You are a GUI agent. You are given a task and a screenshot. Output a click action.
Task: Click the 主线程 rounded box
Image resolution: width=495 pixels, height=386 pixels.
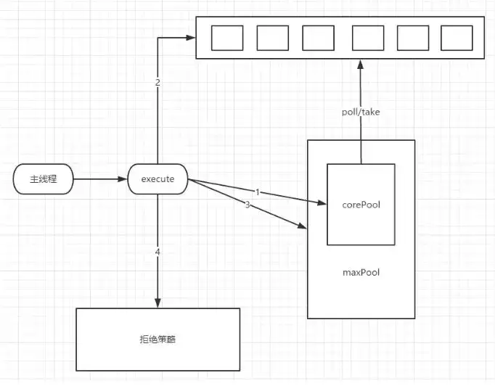click(44, 179)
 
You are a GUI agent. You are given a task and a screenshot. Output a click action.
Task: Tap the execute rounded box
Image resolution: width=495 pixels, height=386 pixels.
click(157, 179)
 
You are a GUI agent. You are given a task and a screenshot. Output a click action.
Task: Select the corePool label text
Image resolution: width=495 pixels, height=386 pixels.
click(361, 205)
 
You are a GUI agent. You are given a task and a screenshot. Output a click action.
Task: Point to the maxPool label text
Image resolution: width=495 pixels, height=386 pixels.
click(361, 272)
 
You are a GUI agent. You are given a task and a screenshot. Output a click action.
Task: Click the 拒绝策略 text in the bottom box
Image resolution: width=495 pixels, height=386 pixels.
click(157, 340)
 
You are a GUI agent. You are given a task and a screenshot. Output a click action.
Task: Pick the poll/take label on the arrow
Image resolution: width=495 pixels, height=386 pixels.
click(361, 112)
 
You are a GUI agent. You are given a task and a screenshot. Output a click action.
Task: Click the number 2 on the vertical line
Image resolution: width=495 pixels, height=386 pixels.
click(157, 83)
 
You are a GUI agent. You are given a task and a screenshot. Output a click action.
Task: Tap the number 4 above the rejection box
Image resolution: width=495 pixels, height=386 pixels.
click(157, 252)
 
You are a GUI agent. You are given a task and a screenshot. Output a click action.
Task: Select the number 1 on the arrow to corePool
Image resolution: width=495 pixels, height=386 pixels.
click(258, 192)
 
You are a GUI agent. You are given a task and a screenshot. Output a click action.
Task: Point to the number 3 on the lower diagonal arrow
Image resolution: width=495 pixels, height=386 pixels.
click(247, 205)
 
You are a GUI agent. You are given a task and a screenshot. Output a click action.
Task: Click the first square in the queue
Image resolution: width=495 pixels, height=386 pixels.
click(227, 38)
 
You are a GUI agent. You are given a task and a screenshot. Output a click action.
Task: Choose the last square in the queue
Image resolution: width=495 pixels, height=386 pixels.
click(457, 38)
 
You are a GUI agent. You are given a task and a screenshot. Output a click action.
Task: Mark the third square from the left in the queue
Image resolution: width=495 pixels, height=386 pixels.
click(318, 38)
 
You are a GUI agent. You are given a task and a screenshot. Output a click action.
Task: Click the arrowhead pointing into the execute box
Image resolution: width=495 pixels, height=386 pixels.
click(122, 179)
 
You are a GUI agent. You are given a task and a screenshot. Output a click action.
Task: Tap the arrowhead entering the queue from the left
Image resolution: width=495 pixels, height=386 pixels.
click(191, 38)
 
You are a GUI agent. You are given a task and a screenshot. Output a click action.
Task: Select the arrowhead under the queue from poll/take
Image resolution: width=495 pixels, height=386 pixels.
click(361, 65)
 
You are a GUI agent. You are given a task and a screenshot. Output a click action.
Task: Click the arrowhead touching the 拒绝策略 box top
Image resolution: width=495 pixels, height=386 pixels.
click(157, 303)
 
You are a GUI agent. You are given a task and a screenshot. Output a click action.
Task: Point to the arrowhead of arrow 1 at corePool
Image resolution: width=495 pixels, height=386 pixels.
click(322, 202)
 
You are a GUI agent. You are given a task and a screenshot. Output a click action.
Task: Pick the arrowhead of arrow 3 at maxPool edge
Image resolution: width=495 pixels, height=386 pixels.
click(302, 226)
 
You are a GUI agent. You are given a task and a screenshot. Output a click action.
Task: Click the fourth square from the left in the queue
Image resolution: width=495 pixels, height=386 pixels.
click(368, 38)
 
